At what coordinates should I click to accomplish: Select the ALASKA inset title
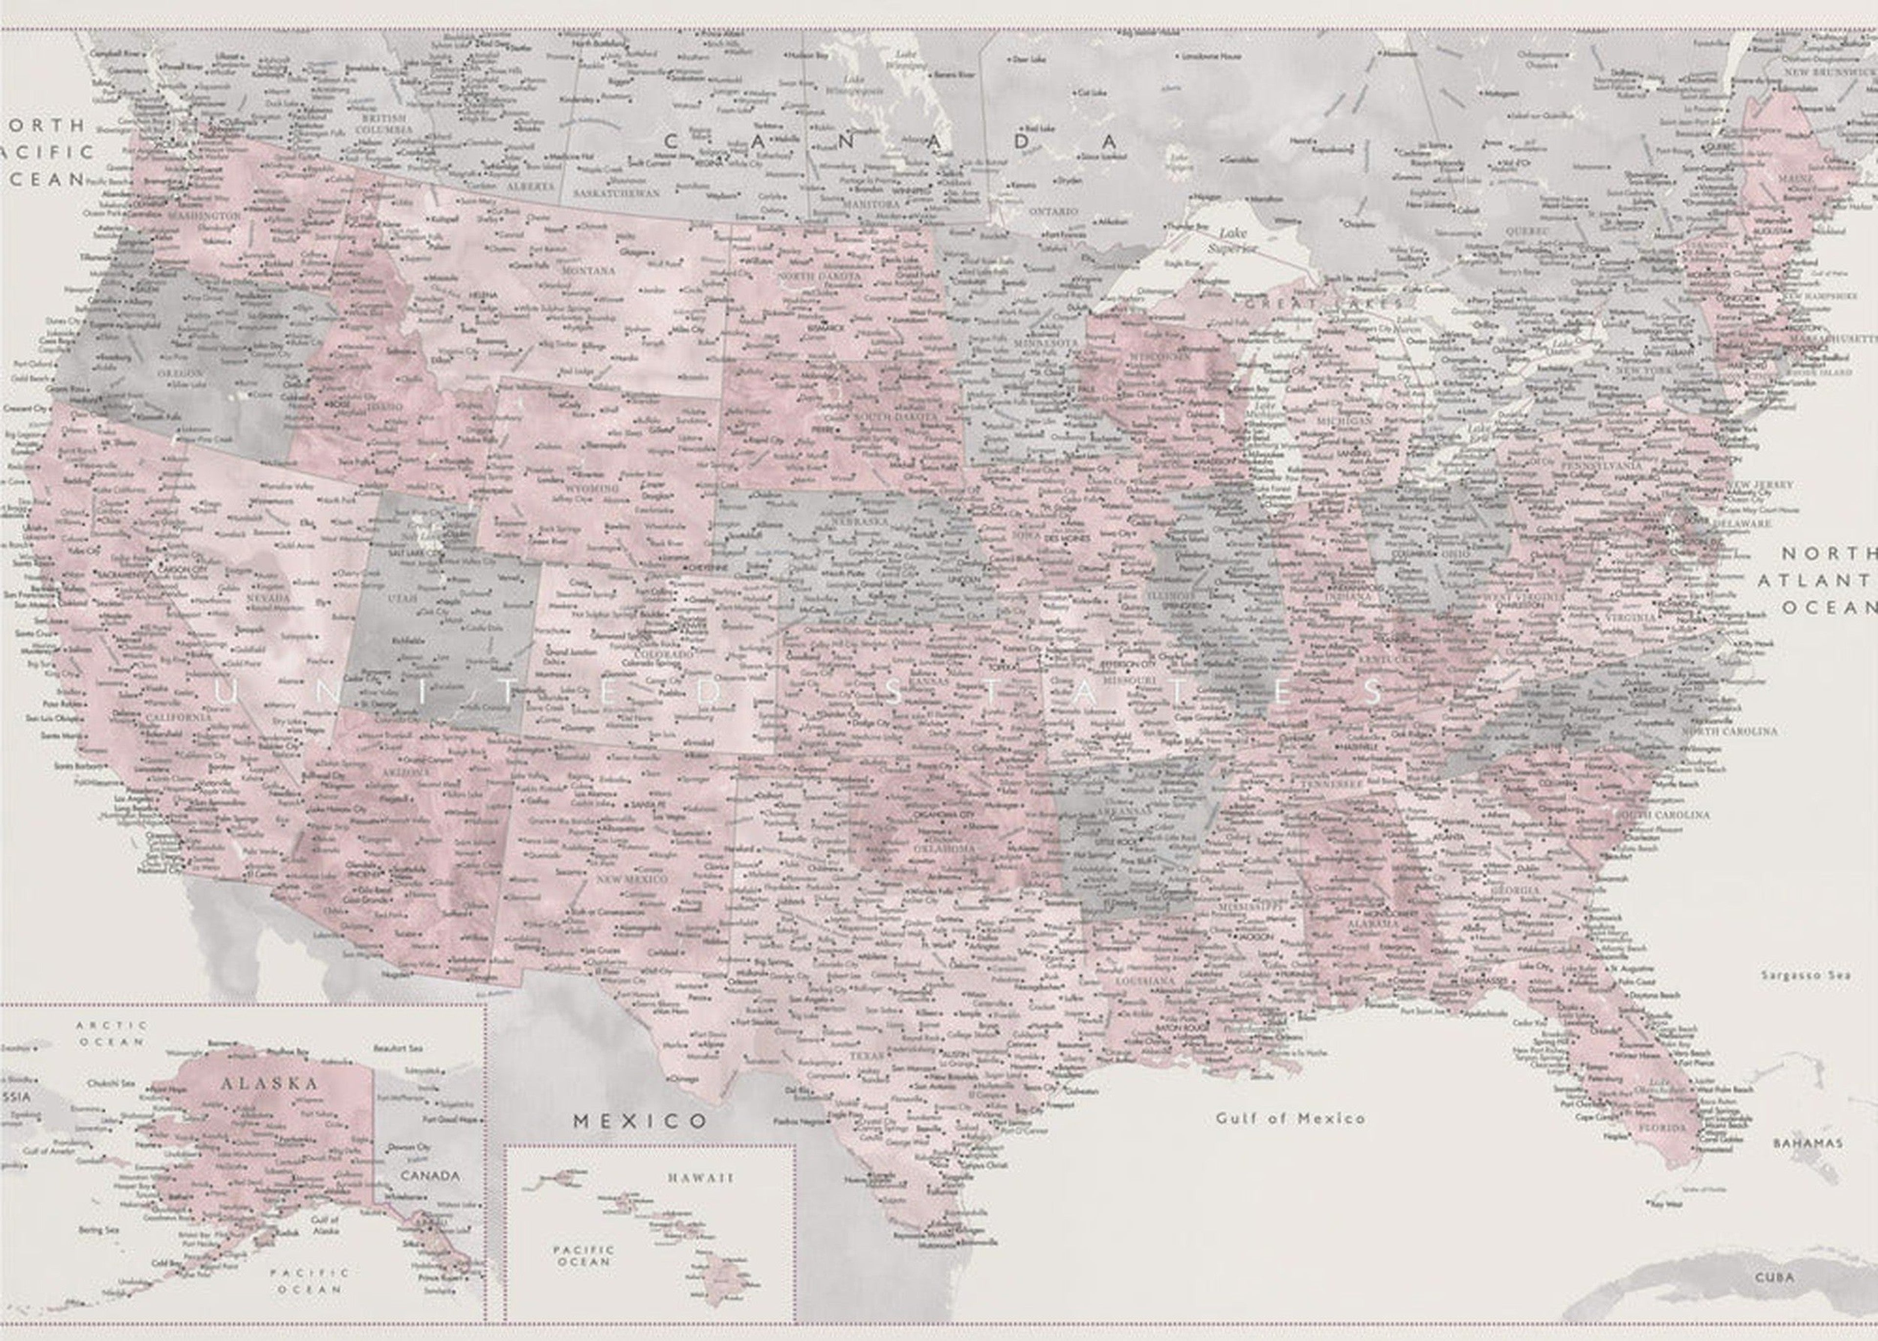269,1083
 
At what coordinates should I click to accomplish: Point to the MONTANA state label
588,270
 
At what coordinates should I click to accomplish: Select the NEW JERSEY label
1761,485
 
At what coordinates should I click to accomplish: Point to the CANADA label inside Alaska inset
429,1175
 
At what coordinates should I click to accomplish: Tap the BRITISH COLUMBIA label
385,124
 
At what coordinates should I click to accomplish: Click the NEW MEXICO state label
632,880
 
